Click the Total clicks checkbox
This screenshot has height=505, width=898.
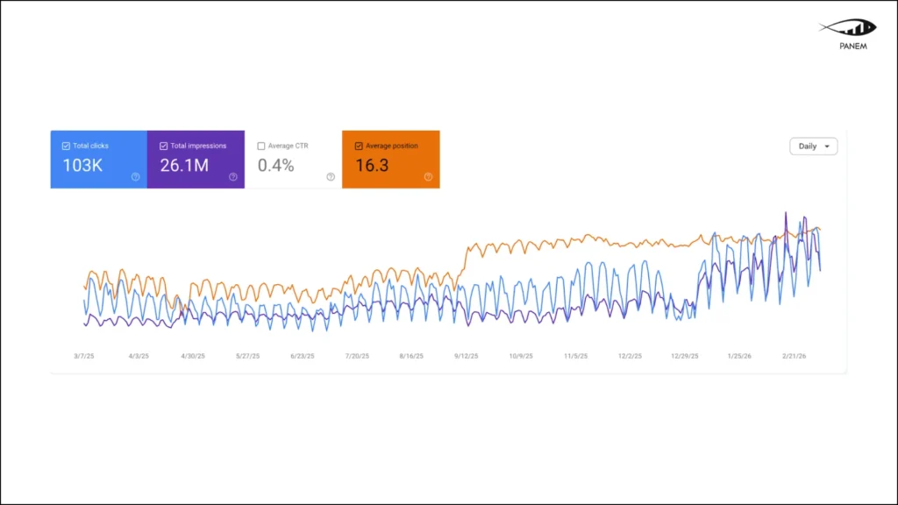point(67,146)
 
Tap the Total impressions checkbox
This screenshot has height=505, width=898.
point(164,146)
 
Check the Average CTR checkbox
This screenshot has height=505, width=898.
point(261,146)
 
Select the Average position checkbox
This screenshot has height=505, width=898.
point(359,146)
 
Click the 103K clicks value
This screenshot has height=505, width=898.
point(82,165)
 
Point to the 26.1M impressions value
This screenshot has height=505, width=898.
point(184,165)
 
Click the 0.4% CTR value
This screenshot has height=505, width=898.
point(275,165)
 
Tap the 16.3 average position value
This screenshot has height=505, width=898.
point(372,165)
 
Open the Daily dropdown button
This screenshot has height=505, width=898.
point(813,146)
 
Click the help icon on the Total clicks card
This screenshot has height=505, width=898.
point(136,177)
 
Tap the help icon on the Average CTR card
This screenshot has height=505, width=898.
point(331,177)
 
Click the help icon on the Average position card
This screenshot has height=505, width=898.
point(428,177)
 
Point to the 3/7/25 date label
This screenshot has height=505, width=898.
point(85,357)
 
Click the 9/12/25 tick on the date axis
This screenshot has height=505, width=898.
point(465,357)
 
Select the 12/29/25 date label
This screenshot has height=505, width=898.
point(685,357)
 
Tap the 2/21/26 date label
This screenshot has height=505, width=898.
point(795,357)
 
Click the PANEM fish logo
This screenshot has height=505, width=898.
point(847,28)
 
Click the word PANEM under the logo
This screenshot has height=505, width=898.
point(852,46)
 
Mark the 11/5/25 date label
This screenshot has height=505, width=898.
point(575,357)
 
